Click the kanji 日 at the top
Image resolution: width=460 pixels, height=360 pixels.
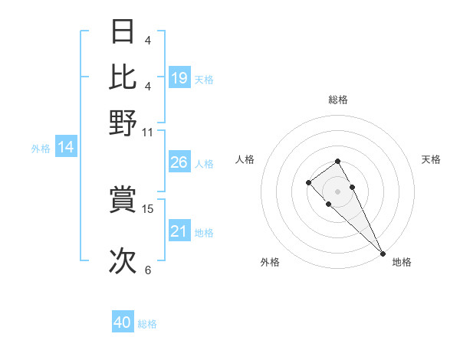(123, 34)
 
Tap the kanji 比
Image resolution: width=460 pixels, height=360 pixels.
(123, 78)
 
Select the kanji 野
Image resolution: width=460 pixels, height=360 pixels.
(123, 123)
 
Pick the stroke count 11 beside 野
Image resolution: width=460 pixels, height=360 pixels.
(148, 132)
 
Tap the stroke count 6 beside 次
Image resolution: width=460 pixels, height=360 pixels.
(148, 270)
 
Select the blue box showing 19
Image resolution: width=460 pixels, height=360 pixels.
(179, 78)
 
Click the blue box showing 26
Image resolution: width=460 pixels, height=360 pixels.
(179, 162)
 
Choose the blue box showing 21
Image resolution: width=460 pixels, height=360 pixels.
(179, 231)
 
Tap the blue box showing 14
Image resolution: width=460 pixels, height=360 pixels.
(66, 148)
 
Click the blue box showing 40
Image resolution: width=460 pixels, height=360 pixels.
(123, 322)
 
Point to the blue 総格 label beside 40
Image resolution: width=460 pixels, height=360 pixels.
(147, 324)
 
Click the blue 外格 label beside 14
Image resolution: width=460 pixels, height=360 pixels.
(41, 149)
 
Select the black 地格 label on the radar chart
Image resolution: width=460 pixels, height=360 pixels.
(402, 262)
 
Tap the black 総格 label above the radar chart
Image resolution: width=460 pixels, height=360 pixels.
(337, 100)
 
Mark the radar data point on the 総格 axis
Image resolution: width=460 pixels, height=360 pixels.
(337, 161)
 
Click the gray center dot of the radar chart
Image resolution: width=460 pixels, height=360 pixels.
(337, 191)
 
